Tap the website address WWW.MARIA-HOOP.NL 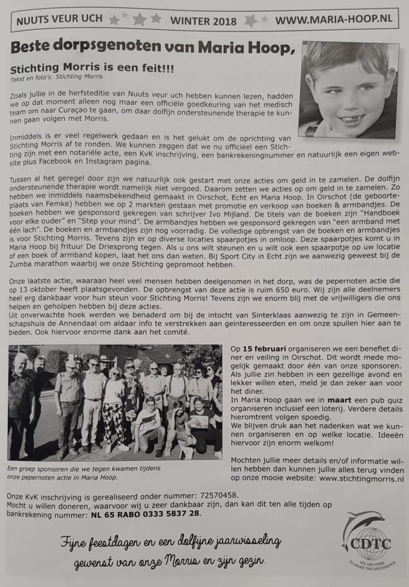pos(334,19)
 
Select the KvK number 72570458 pos(212,494)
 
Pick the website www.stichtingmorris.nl pos(361,478)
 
